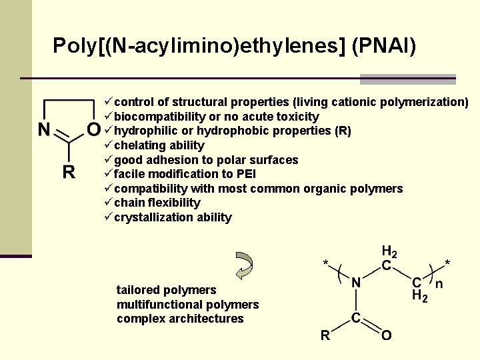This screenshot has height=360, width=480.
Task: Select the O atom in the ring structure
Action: pyautogui.click(x=94, y=128)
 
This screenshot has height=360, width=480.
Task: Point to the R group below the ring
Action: pyautogui.click(x=69, y=173)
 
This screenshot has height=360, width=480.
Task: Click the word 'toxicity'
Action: pyautogui.click(x=295, y=117)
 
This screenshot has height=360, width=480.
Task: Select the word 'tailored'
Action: pyautogui.click(x=138, y=290)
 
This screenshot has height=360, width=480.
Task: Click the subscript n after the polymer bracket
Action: pyautogui.click(x=438, y=284)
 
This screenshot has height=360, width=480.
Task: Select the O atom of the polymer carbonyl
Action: pyautogui.click(x=385, y=335)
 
